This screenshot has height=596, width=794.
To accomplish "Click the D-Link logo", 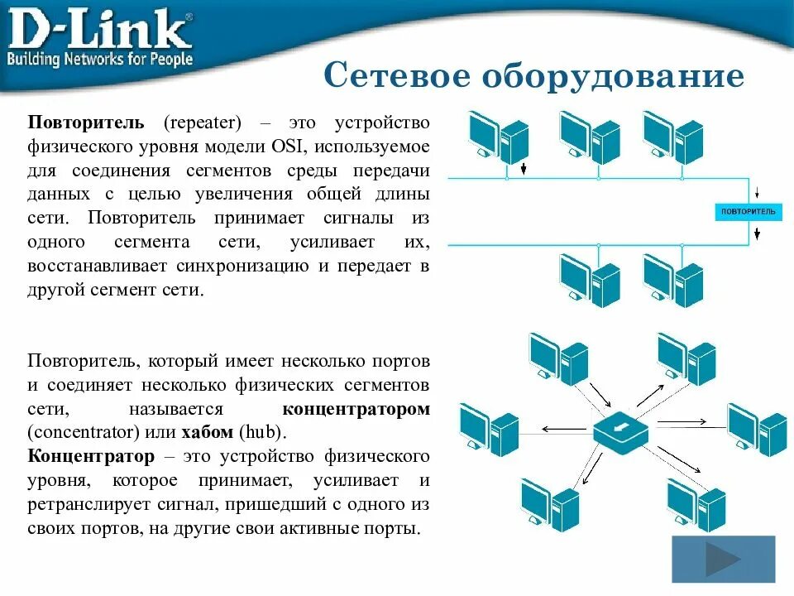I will (x=99, y=30).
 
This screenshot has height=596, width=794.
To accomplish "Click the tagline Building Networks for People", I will (x=100, y=60).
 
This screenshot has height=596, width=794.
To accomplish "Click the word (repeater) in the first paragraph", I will (x=202, y=123).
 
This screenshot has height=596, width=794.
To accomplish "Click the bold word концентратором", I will (x=356, y=410).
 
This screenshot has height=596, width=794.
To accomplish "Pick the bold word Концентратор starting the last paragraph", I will (x=91, y=457).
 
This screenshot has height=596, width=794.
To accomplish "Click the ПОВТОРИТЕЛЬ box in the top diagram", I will (x=749, y=213).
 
